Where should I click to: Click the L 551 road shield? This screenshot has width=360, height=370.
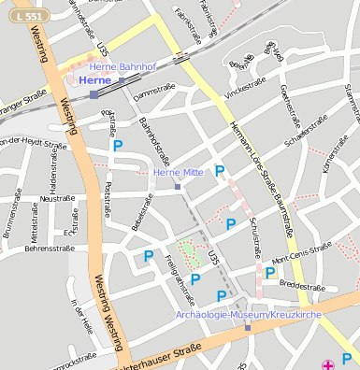pyautogui.click(x=27, y=16)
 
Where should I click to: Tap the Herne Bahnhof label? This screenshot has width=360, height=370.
pyautogui.click(x=119, y=67)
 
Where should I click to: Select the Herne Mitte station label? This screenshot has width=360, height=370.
pyautogui.click(x=178, y=173)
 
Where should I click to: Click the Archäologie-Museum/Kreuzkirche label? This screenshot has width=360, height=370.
pyautogui.click(x=249, y=316)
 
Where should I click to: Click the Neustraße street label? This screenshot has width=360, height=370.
pyautogui.click(x=58, y=198)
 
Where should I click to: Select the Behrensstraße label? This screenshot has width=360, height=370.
pyautogui.click(x=49, y=249)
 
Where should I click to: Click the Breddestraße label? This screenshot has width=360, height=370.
pyautogui.click(x=301, y=284)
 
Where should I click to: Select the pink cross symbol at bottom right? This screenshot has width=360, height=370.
pyautogui.click(x=327, y=363)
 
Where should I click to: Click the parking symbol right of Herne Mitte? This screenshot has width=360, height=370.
pyautogui.click(x=221, y=171)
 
